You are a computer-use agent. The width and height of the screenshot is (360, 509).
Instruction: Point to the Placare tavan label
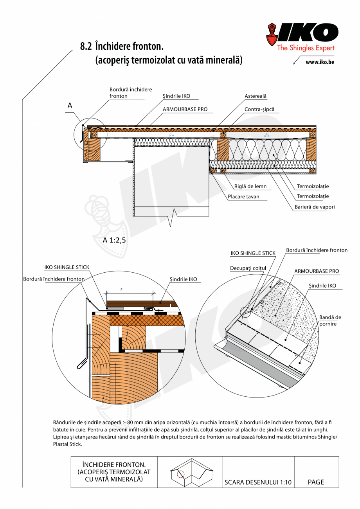coord(244,197)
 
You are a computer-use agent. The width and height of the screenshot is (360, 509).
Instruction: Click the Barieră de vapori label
coord(315,207)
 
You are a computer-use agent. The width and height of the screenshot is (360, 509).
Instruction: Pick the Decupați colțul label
coord(248,268)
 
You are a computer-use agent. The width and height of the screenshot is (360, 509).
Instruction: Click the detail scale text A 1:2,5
coord(114,241)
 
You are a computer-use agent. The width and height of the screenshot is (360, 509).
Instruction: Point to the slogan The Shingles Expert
coord(306,48)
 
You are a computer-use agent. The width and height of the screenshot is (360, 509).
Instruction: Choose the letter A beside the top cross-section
coord(70,105)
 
